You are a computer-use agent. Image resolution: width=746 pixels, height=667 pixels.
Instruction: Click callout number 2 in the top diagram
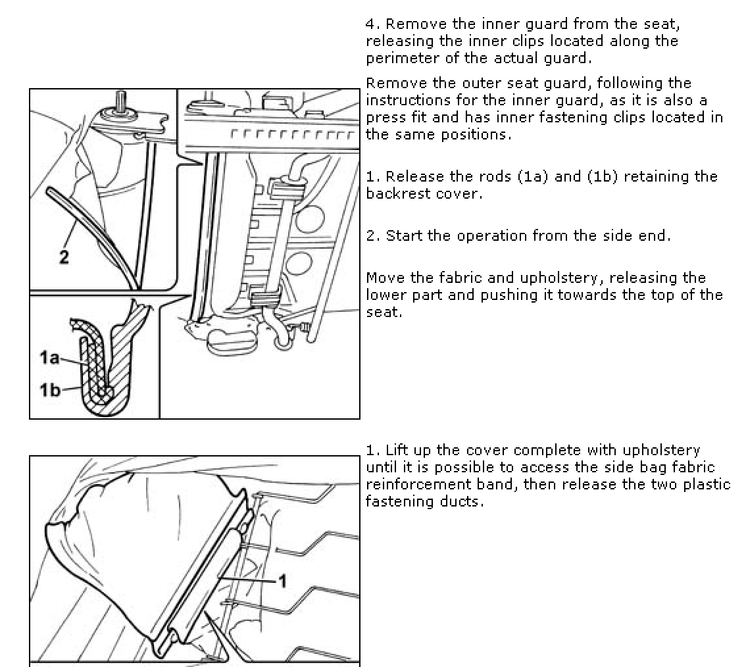tap(64, 257)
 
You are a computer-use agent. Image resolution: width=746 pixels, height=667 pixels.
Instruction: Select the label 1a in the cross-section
tap(49, 358)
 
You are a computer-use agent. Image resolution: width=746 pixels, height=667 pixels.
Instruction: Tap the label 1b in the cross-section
tap(49, 390)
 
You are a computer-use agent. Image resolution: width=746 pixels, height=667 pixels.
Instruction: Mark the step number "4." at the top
tap(372, 24)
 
